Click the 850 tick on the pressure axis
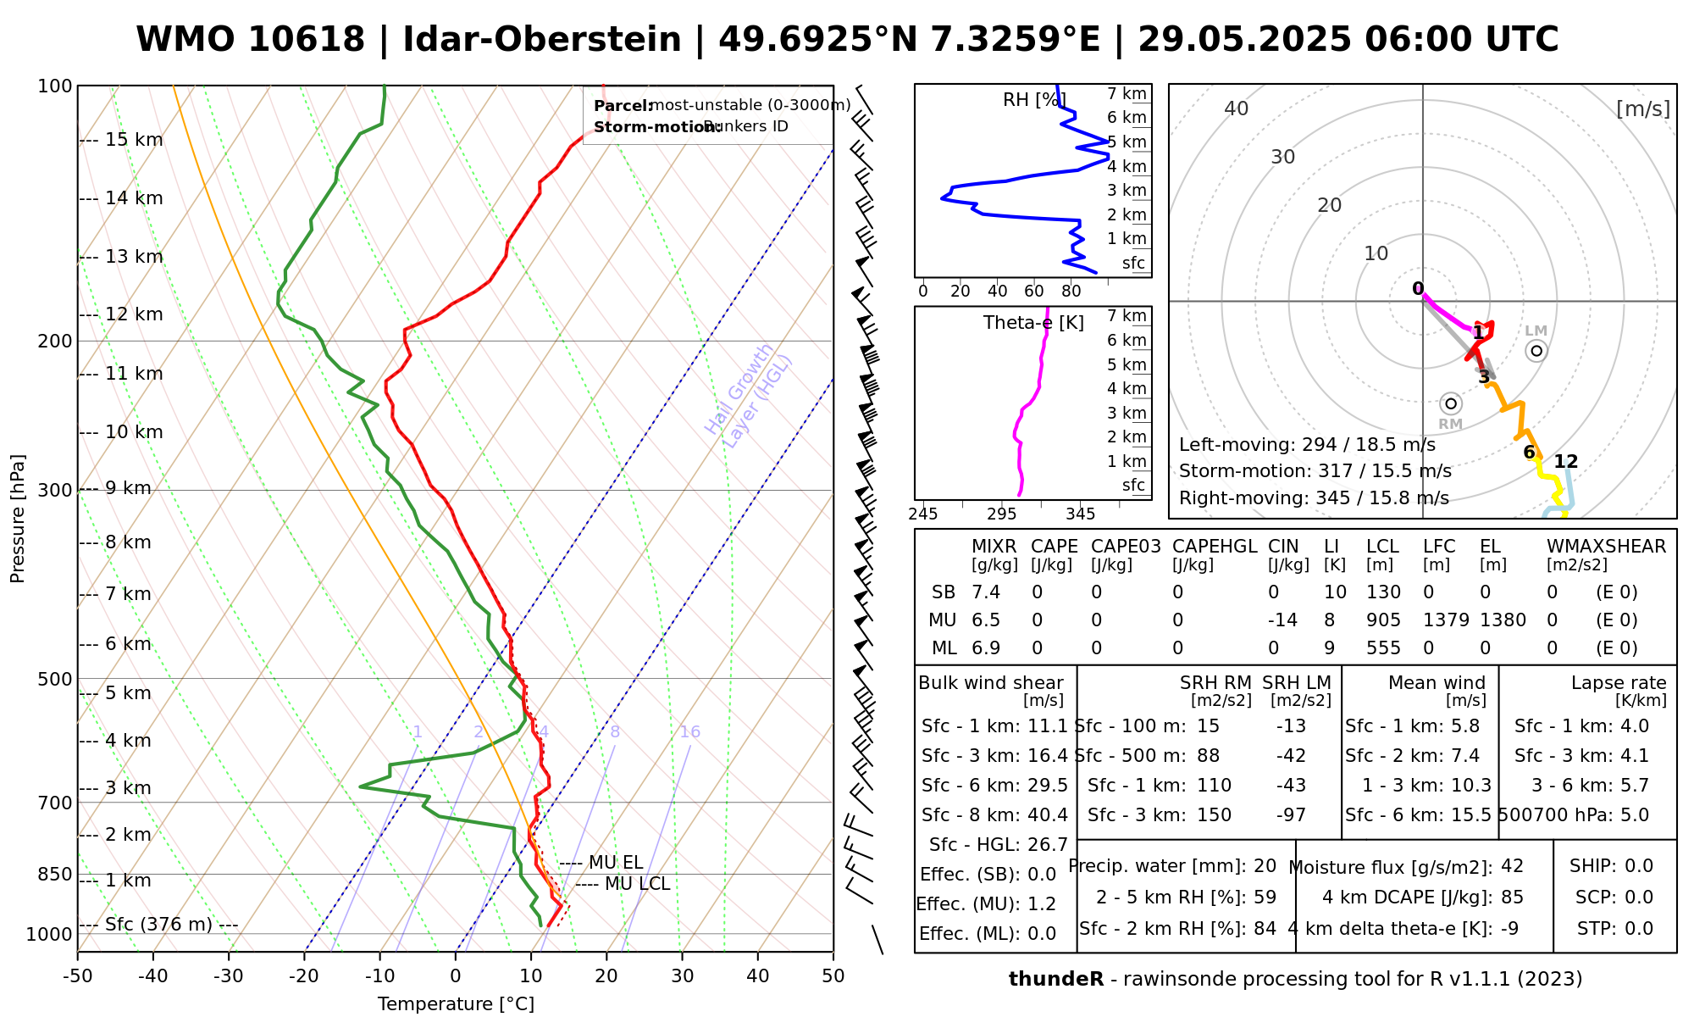pos(56,874)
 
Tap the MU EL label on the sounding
pos(615,863)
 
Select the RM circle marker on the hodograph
pos(1451,403)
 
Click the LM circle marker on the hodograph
pos(1536,351)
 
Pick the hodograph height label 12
pos(1566,462)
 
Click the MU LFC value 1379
pos(1446,620)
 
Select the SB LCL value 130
pos(1383,592)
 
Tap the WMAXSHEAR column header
pos(1606,547)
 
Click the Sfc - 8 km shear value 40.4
pos(1048,815)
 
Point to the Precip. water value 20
pos(1265,866)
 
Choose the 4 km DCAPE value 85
pos(1512,898)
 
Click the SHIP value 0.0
pos(1639,866)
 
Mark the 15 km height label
pos(134,140)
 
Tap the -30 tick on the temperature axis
pos(229,976)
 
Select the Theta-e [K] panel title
pos(1033,323)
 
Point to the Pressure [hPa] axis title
pos(18,519)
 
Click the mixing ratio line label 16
pos(689,732)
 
